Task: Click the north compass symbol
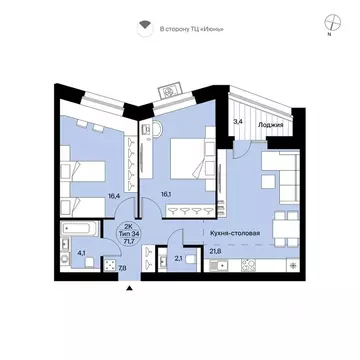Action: (x=332, y=23)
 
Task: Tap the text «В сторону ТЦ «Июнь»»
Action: (x=192, y=29)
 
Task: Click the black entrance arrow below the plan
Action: (x=130, y=288)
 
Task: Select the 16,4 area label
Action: (x=114, y=196)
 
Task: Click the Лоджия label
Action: (x=270, y=125)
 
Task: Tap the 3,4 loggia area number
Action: (x=237, y=122)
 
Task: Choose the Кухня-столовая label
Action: (x=235, y=233)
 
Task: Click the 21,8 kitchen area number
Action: (x=215, y=251)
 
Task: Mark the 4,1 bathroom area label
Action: (x=81, y=253)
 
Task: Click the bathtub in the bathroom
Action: (x=80, y=229)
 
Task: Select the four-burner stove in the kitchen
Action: (x=249, y=265)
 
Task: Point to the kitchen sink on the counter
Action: (x=219, y=266)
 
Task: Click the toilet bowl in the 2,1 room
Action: (x=190, y=259)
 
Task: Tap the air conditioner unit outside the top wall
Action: (x=170, y=90)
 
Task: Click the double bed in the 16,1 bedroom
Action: (x=188, y=159)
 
